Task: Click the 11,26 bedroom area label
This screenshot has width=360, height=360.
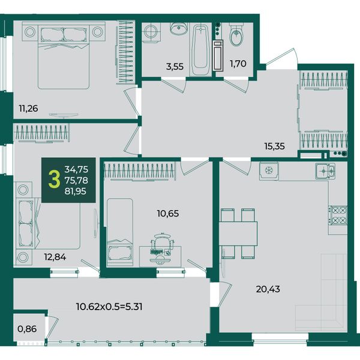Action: click(x=28, y=108)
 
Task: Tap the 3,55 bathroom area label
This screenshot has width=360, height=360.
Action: click(x=175, y=67)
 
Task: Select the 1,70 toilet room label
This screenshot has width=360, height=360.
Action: click(x=238, y=64)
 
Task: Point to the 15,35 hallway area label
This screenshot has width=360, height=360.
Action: click(x=275, y=146)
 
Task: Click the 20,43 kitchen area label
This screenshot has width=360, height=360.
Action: click(x=268, y=289)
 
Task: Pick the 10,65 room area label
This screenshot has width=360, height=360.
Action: click(x=168, y=214)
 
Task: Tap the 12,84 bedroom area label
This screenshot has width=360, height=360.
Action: click(x=55, y=257)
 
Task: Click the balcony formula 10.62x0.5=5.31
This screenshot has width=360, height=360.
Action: click(x=109, y=307)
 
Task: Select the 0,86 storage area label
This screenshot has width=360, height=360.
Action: click(x=27, y=329)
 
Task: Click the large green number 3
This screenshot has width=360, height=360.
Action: click(x=55, y=180)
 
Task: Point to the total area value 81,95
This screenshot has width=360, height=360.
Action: click(x=76, y=191)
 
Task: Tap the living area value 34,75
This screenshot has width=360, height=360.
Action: click(x=76, y=169)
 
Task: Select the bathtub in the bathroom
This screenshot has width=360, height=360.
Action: click(x=200, y=49)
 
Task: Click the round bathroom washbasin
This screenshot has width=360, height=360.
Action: click(x=179, y=28)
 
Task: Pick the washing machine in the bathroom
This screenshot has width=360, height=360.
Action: click(x=151, y=32)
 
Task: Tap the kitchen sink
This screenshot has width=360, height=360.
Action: click(x=325, y=171)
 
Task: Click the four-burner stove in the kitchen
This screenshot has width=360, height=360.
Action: click(x=338, y=215)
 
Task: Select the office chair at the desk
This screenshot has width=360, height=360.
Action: click(x=161, y=242)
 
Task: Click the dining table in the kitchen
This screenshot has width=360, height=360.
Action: click(x=238, y=233)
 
